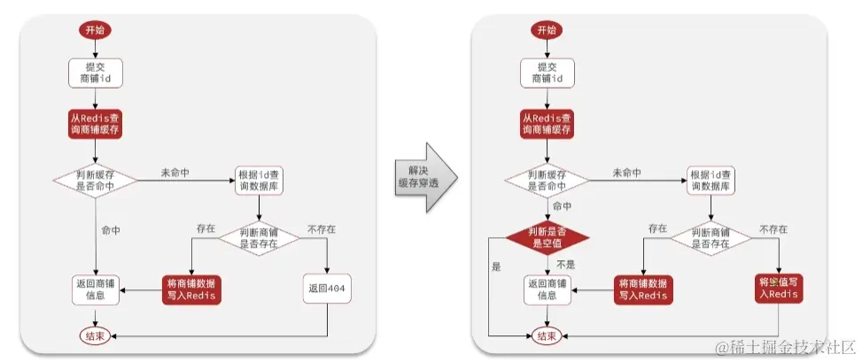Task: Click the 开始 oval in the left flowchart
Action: click(x=95, y=30)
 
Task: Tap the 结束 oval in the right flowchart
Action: click(x=547, y=336)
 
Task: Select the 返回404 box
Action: click(x=329, y=289)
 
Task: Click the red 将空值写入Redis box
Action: click(x=780, y=289)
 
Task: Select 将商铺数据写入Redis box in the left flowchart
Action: click(x=190, y=289)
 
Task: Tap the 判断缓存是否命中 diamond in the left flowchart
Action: click(x=96, y=181)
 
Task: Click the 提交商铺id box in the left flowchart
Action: click(x=95, y=73)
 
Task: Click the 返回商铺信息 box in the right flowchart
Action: click(x=547, y=289)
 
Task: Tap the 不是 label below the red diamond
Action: click(x=567, y=264)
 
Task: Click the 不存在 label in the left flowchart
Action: click(x=321, y=229)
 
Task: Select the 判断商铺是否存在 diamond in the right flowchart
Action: click(x=713, y=237)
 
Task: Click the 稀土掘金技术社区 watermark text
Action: click(x=784, y=345)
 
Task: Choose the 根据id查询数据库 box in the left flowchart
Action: click(x=258, y=181)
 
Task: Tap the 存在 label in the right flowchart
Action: click(x=657, y=229)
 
